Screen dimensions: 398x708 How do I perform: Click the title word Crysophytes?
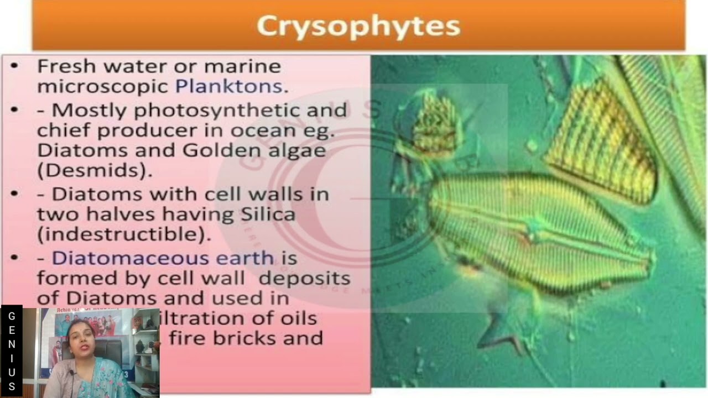pos(358,26)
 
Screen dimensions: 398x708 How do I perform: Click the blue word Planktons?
pos(229,86)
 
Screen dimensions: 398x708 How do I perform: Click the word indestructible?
pos(123,234)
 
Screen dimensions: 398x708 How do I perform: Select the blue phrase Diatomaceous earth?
pos(163,258)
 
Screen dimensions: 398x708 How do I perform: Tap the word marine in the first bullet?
pos(242,66)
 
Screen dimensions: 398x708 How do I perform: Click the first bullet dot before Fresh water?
pos(14,66)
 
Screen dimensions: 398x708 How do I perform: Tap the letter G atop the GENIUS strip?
pos(12,316)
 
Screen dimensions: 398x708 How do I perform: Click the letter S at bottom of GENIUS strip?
pos(12,386)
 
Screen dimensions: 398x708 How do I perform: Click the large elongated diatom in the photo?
pos(537,232)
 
